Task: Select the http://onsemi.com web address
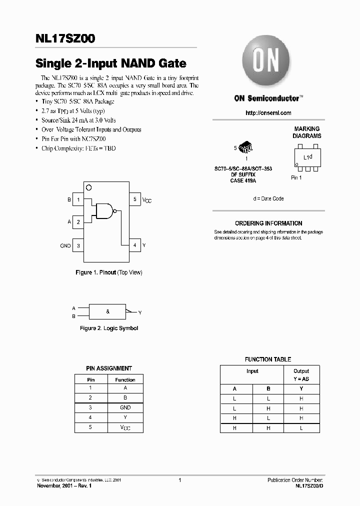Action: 268,113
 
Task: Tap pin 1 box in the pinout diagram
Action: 78,200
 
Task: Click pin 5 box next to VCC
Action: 134,200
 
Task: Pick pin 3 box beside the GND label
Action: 78,245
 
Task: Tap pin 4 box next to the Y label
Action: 134,245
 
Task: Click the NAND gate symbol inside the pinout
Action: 105,211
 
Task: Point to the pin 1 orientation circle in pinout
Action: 89,188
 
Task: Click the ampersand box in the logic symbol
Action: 108,311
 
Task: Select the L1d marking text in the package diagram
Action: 308,157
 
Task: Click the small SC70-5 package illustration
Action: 245,147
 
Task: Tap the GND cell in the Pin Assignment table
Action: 125,407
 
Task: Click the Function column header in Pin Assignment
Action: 125,379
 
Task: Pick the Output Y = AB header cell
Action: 301,375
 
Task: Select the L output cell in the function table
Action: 301,427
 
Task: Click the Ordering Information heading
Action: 268,223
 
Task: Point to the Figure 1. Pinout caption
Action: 108,272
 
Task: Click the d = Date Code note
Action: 268,198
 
